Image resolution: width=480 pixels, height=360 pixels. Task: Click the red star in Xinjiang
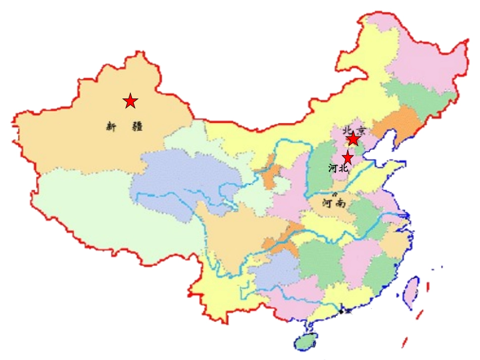click(130, 101)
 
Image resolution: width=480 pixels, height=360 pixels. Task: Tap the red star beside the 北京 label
click(353, 139)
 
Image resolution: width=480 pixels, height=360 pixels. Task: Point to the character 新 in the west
click(111, 126)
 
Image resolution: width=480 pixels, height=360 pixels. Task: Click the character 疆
click(137, 126)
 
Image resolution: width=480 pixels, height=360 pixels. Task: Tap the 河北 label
click(338, 169)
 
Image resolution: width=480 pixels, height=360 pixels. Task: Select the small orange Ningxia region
click(269, 172)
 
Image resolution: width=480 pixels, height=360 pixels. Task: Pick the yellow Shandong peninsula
click(384, 172)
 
